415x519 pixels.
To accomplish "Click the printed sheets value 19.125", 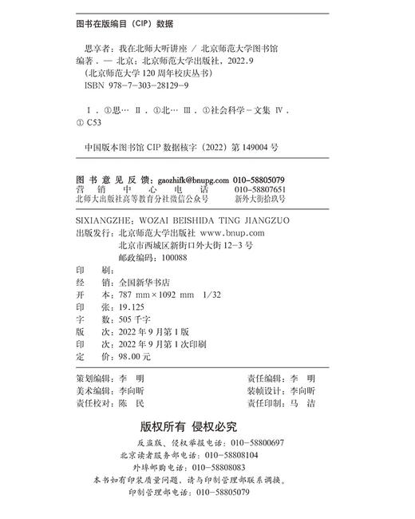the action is [131, 308].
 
